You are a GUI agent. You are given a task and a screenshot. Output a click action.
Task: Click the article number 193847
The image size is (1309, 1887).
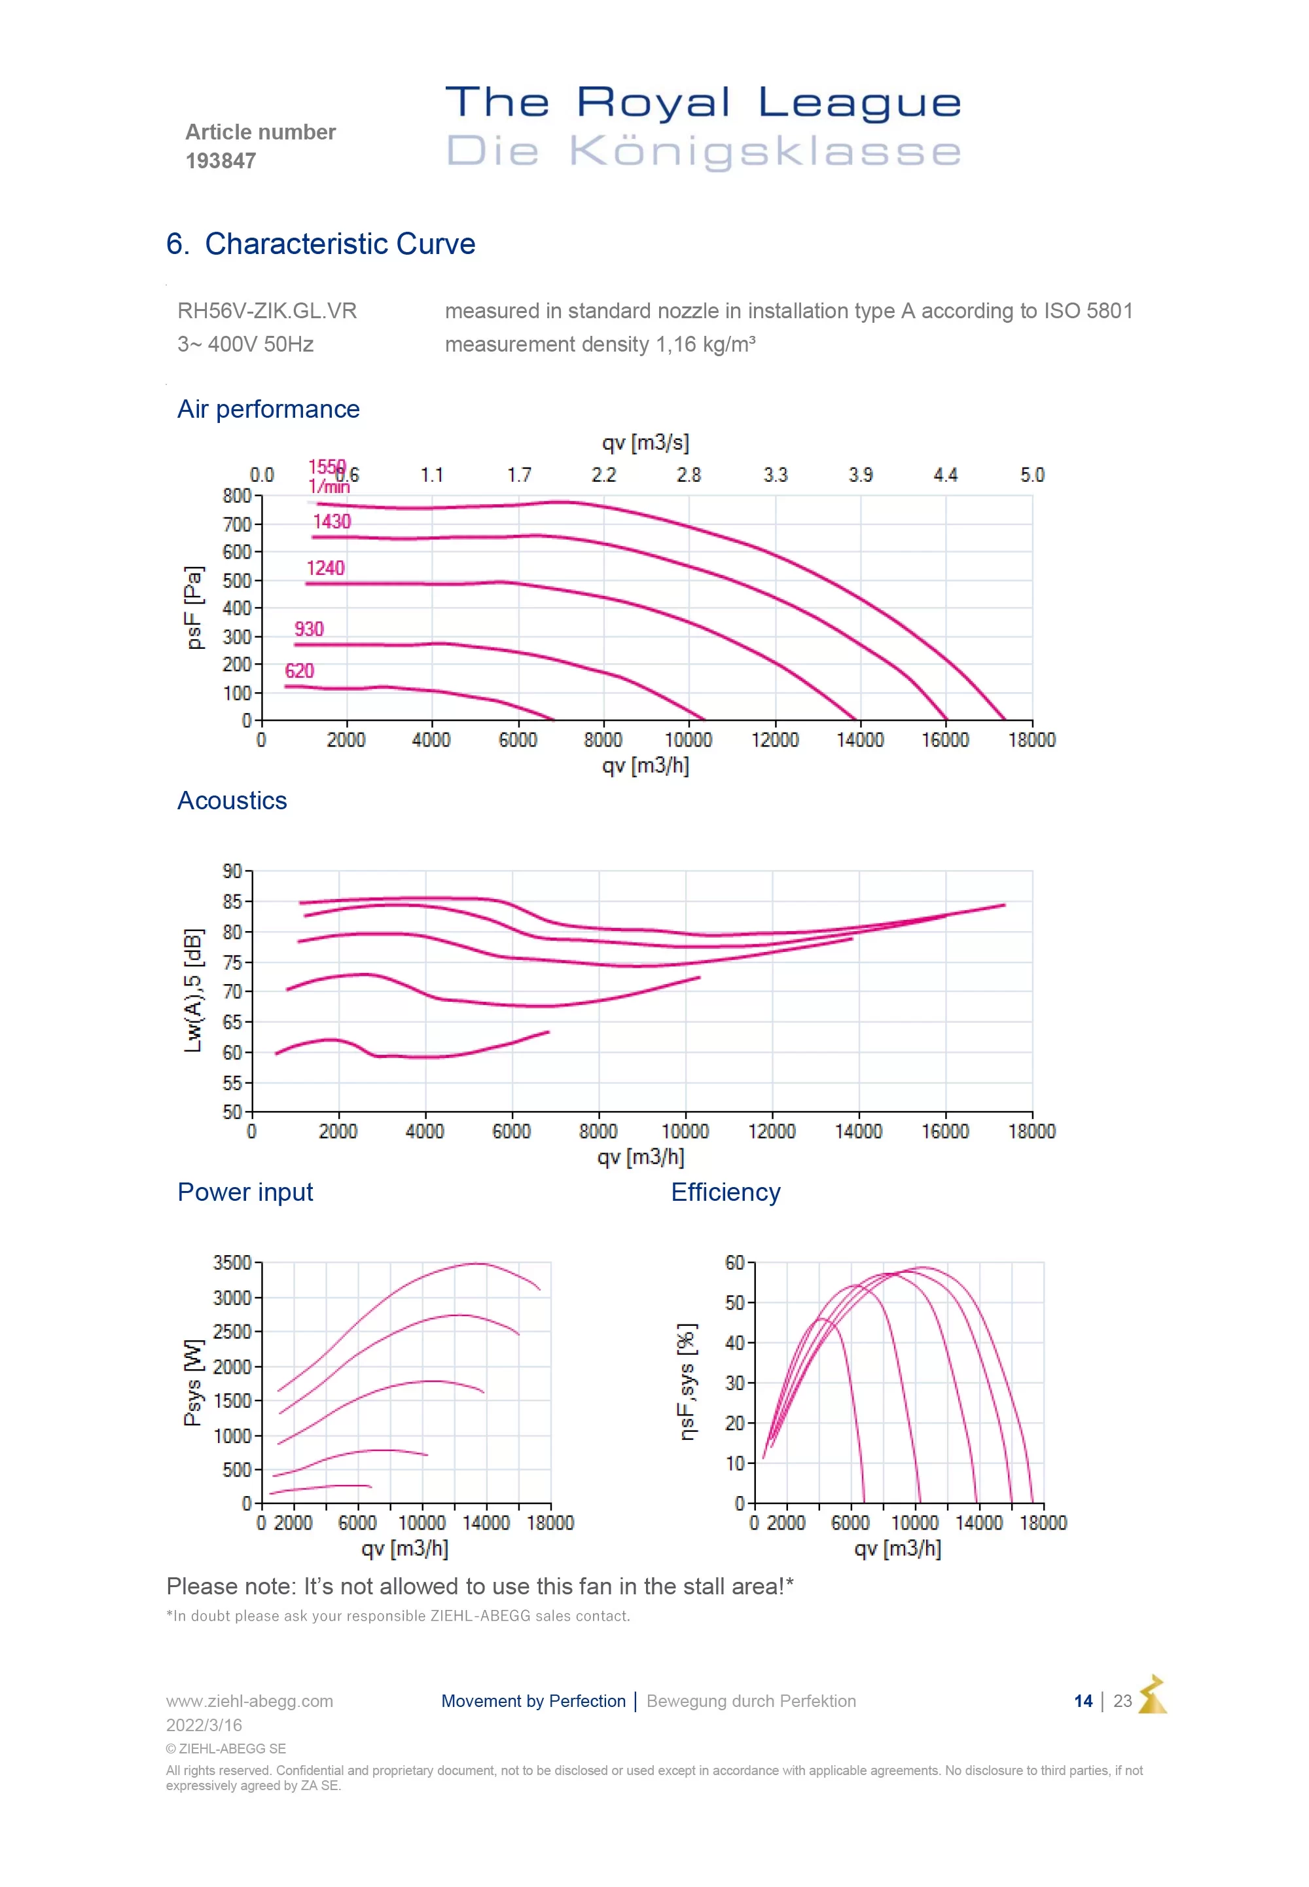coord(221,161)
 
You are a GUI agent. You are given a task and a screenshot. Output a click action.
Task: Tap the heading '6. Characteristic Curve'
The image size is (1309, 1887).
coord(321,244)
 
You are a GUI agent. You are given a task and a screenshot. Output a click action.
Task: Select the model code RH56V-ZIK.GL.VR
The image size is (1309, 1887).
coord(268,311)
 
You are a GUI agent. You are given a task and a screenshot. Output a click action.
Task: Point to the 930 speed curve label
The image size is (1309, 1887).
coord(309,629)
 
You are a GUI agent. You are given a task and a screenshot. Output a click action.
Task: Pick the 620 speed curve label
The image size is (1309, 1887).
coord(299,671)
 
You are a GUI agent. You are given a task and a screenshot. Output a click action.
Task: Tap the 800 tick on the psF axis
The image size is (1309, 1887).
coord(237,496)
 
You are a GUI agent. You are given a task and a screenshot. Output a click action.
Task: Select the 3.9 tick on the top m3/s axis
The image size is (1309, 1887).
coord(861,475)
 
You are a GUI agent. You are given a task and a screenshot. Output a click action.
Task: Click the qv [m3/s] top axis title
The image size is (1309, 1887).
coord(645,443)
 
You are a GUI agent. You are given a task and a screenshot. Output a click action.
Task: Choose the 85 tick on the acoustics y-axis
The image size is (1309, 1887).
coord(233,902)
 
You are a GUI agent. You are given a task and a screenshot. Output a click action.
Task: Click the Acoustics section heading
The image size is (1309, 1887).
coord(232,801)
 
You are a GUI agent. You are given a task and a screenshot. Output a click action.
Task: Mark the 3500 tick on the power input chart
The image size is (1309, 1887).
coord(232,1262)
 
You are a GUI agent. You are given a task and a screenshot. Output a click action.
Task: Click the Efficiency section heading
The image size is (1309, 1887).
coord(726,1192)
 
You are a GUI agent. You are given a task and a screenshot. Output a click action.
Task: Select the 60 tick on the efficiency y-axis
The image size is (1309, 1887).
coord(735,1262)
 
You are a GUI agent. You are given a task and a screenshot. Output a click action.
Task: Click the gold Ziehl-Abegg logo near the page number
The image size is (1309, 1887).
coord(1153,1695)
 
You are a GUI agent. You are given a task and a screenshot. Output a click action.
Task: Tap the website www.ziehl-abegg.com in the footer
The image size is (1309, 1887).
coord(249,1701)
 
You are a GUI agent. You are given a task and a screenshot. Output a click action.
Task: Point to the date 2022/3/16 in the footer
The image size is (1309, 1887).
coord(204,1725)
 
